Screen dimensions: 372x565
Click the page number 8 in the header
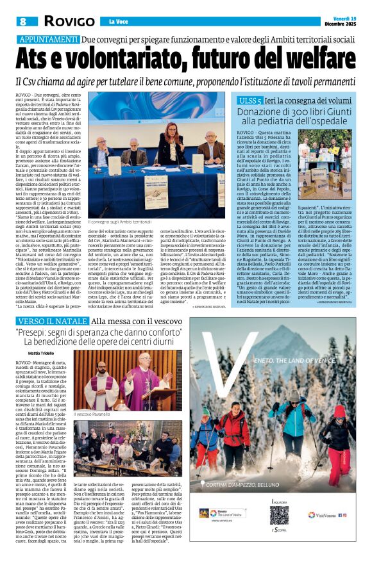click(22, 22)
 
